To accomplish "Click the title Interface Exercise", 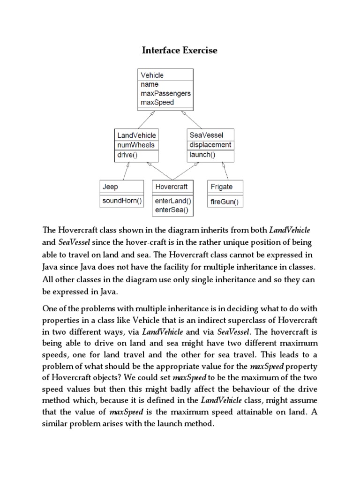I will pyautogui.click(x=180, y=50).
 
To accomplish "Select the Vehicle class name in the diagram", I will pyautogui.click(x=152, y=75).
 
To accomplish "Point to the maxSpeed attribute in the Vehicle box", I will pyautogui.click(x=157, y=102).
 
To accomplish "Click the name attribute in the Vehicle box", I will pyautogui.click(x=150, y=84).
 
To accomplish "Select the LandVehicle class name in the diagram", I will pyautogui.click(x=136, y=135).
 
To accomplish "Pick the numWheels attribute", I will pyautogui.click(x=135, y=145).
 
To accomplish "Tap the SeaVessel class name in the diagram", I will pyautogui.click(x=207, y=135).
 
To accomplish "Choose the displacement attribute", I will pyautogui.click(x=210, y=145).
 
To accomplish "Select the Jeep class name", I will pyautogui.click(x=110, y=187).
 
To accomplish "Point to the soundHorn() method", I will pyautogui.click(x=122, y=201).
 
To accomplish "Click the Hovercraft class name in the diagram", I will pyautogui.click(x=171, y=187).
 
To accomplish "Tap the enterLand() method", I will pyautogui.click(x=172, y=201).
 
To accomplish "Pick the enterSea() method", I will pyautogui.click(x=171, y=210).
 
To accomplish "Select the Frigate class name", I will pyautogui.click(x=221, y=187).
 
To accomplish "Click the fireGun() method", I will pyautogui.click(x=225, y=202).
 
